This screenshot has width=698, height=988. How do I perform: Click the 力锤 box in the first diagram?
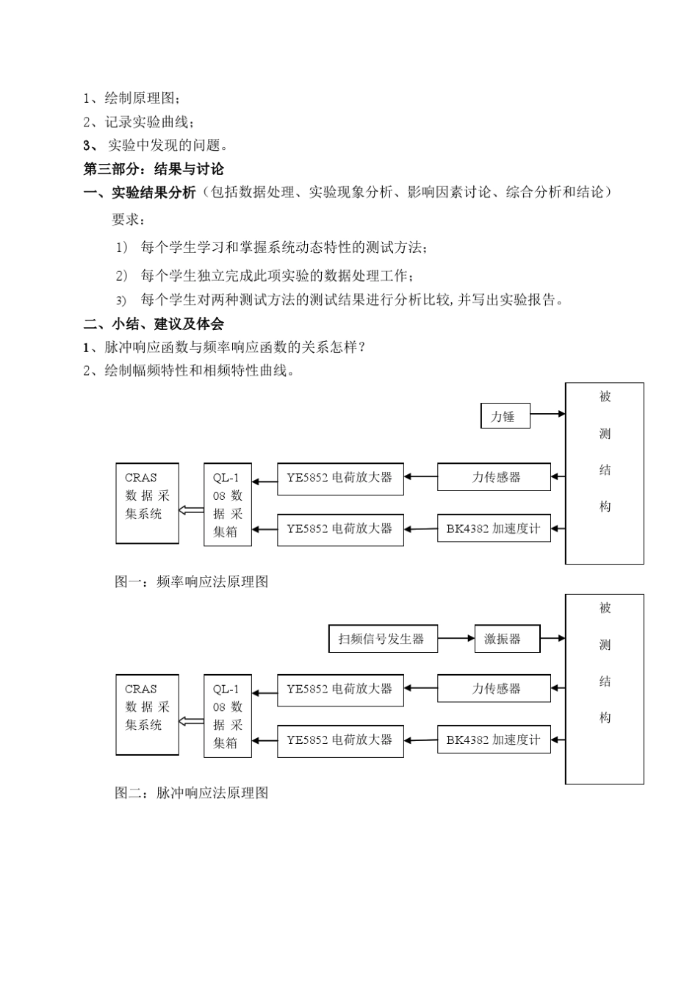click(x=505, y=416)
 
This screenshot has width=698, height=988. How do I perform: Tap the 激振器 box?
click(x=507, y=639)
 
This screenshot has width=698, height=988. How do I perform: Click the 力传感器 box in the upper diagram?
click(x=494, y=477)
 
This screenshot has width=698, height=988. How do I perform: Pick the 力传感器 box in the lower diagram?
click(x=494, y=689)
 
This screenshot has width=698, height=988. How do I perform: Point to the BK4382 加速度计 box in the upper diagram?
click(x=494, y=529)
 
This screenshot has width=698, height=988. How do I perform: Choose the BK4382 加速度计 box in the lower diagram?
click(x=494, y=740)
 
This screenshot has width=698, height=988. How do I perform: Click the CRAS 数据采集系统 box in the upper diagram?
click(x=147, y=504)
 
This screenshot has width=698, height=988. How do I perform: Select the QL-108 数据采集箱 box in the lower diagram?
click(x=228, y=716)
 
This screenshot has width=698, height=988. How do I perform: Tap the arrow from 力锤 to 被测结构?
click(x=547, y=415)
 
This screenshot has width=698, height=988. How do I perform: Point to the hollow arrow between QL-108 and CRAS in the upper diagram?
click(x=191, y=509)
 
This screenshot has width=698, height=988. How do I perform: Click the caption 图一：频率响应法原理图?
click(x=192, y=581)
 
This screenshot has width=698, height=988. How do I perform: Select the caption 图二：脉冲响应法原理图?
click(x=192, y=792)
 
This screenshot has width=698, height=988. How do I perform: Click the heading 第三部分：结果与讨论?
click(x=154, y=169)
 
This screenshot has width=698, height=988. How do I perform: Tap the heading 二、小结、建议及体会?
click(x=154, y=323)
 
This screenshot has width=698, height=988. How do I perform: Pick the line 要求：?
click(x=129, y=219)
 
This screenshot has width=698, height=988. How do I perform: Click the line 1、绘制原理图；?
click(x=132, y=98)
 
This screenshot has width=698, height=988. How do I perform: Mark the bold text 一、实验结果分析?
click(x=140, y=193)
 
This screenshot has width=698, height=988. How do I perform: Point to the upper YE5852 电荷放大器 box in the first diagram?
click(x=340, y=478)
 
